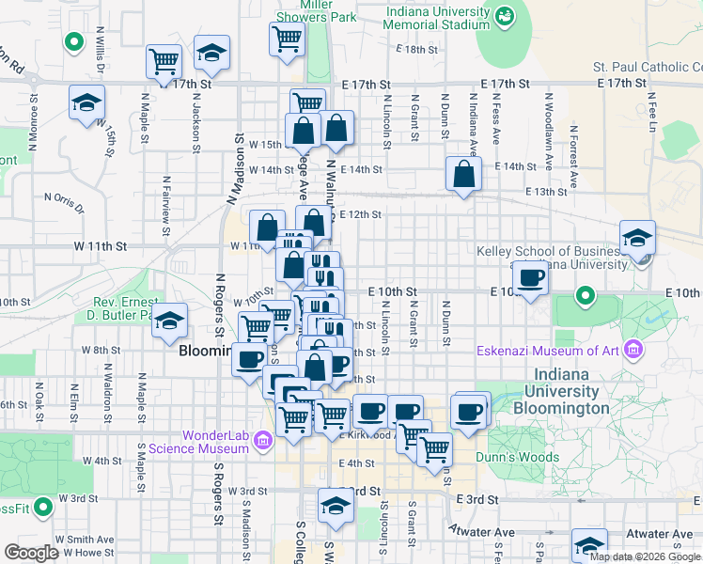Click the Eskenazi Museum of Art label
(x=558, y=352)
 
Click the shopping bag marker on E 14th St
(x=464, y=174)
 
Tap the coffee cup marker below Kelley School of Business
(x=531, y=279)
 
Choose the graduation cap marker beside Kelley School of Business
(x=637, y=238)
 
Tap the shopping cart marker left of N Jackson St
(x=164, y=62)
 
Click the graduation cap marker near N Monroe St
(x=87, y=102)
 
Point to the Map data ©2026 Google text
(x=645, y=556)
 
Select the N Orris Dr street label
(x=64, y=200)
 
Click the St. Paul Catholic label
(x=647, y=68)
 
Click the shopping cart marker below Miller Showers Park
(x=288, y=39)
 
